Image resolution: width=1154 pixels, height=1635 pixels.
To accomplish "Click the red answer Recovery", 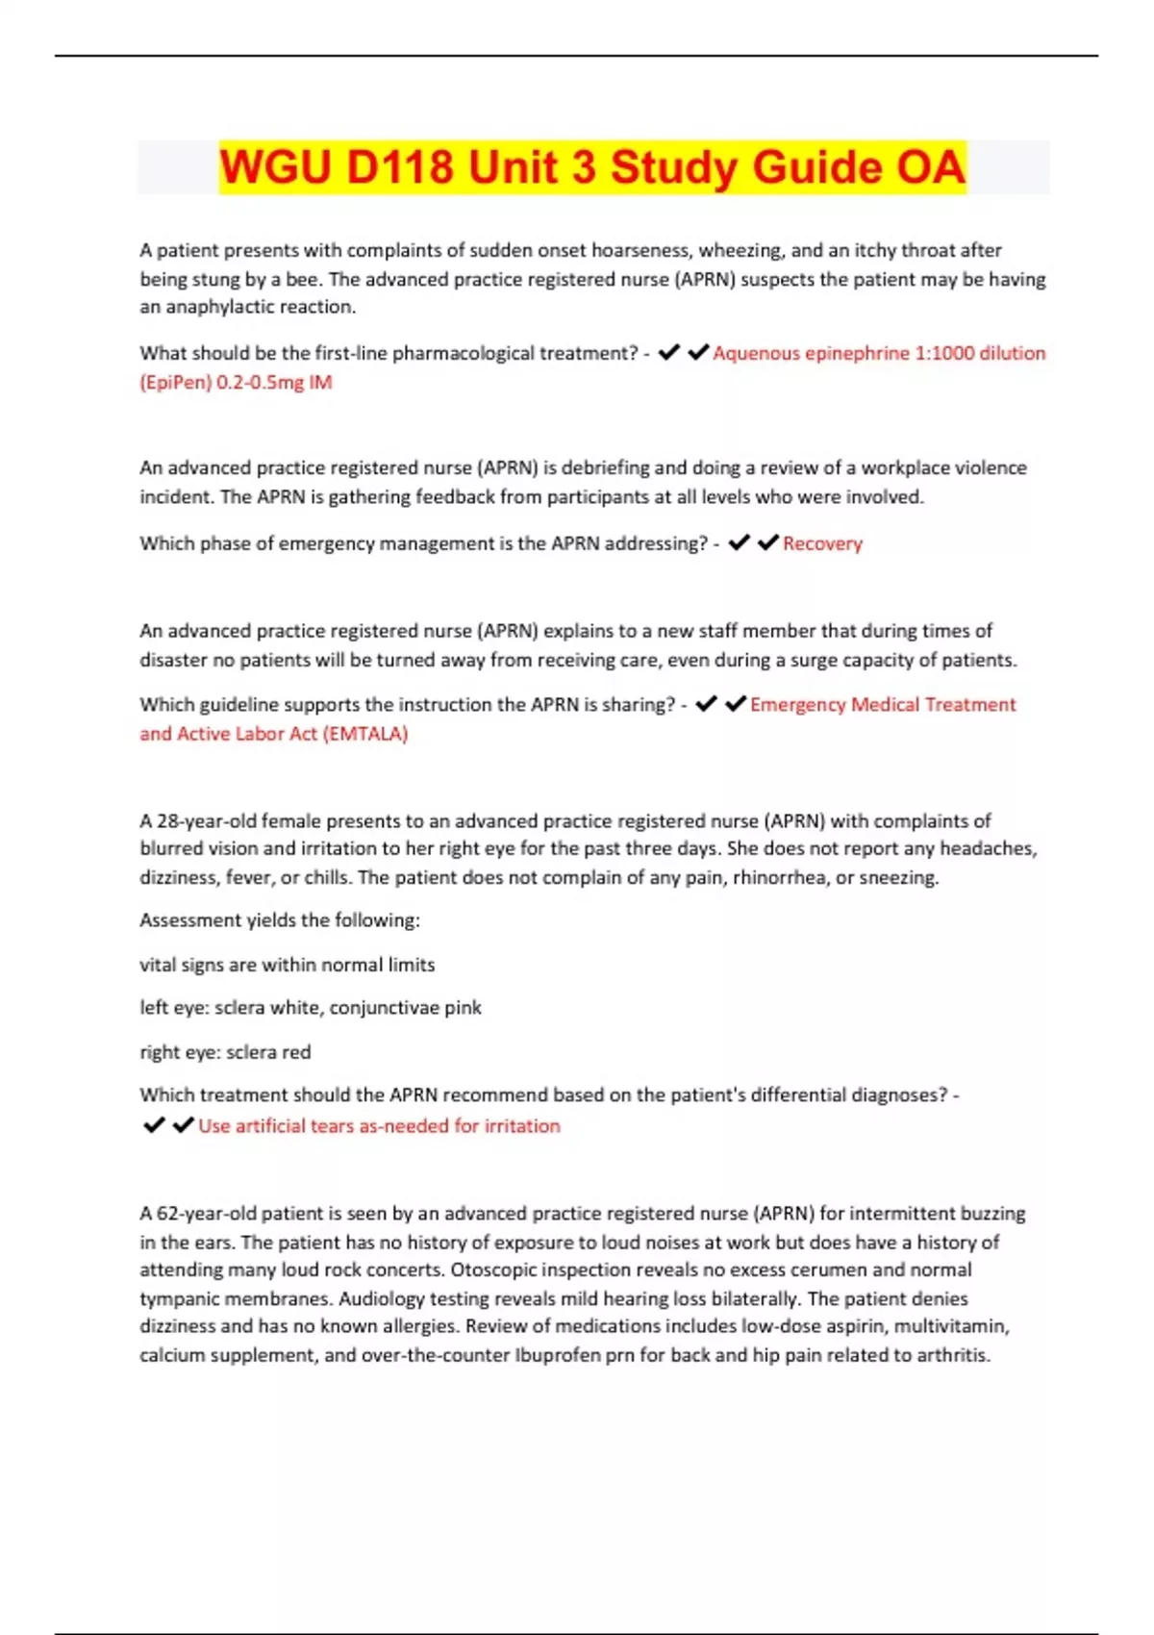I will (822, 543).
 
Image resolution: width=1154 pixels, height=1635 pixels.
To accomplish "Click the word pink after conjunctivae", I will (463, 1007).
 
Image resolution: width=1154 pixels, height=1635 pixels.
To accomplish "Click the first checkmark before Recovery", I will (739, 543).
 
